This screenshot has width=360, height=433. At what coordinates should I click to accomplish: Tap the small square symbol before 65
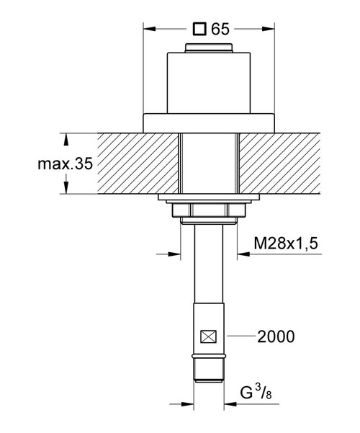click(x=201, y=30)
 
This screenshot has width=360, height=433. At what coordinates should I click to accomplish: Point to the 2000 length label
click(x=275, y=336)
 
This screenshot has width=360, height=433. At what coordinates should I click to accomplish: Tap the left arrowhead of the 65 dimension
click(x=148, y=30)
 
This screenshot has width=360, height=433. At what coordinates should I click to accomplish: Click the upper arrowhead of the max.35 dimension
click(x=67, y=137)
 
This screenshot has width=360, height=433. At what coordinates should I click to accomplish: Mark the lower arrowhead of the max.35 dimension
click(x=67, y=190)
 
